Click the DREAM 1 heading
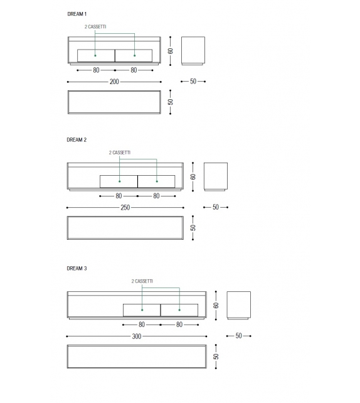77,14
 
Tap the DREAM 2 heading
77,140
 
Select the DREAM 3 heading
77,268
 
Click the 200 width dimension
114,82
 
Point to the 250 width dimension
125,207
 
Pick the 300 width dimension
137,336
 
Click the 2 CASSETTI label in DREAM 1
95,27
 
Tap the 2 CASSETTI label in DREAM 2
120,153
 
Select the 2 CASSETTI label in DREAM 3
142,281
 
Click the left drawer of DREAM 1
96,55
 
